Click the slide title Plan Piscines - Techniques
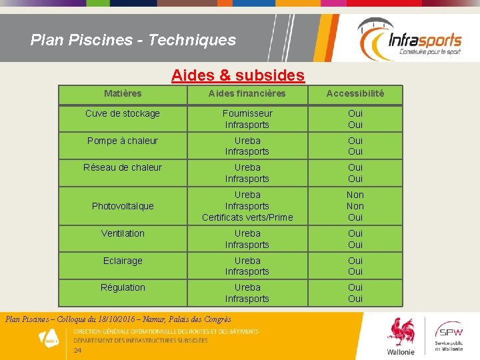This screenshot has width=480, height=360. point(133,40)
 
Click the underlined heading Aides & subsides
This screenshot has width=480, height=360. point(238,75)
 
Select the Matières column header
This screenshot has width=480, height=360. point(123,94)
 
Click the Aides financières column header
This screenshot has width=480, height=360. point(247,94)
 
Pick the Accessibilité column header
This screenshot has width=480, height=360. point(355,94)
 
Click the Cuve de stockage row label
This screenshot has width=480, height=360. point(123,113)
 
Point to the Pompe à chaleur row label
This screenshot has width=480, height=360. point(123,141)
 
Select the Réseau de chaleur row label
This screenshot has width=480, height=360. point(123,167)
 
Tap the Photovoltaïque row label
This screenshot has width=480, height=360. point(123,206)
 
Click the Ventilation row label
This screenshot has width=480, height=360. point(123,233)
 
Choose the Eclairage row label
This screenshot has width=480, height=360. point(123,261)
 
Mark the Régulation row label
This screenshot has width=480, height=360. point(123,287)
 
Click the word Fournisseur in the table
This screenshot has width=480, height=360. point(247,113)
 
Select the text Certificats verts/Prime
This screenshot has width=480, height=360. point(247,217)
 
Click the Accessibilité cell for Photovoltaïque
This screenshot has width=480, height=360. point(355,206)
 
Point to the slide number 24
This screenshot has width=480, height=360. point(77,351)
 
